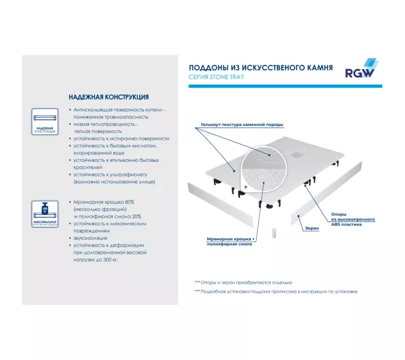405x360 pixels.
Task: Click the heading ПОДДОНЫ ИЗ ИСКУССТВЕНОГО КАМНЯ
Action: pos(261,68)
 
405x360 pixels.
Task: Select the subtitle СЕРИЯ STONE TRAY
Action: pos(217,77)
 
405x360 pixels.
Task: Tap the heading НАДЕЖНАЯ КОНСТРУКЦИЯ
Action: pos(109,97)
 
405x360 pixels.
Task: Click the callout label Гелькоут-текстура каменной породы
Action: pos(238,124)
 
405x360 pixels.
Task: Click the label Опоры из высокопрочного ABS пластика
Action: pos(353,220)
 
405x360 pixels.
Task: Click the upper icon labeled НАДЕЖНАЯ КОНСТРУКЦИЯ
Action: pos(45,122)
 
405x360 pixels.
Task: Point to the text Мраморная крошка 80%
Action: pos(104,202)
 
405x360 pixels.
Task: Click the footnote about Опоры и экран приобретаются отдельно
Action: pos(243,282)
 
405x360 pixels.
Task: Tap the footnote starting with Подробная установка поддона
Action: pos(275,291)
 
